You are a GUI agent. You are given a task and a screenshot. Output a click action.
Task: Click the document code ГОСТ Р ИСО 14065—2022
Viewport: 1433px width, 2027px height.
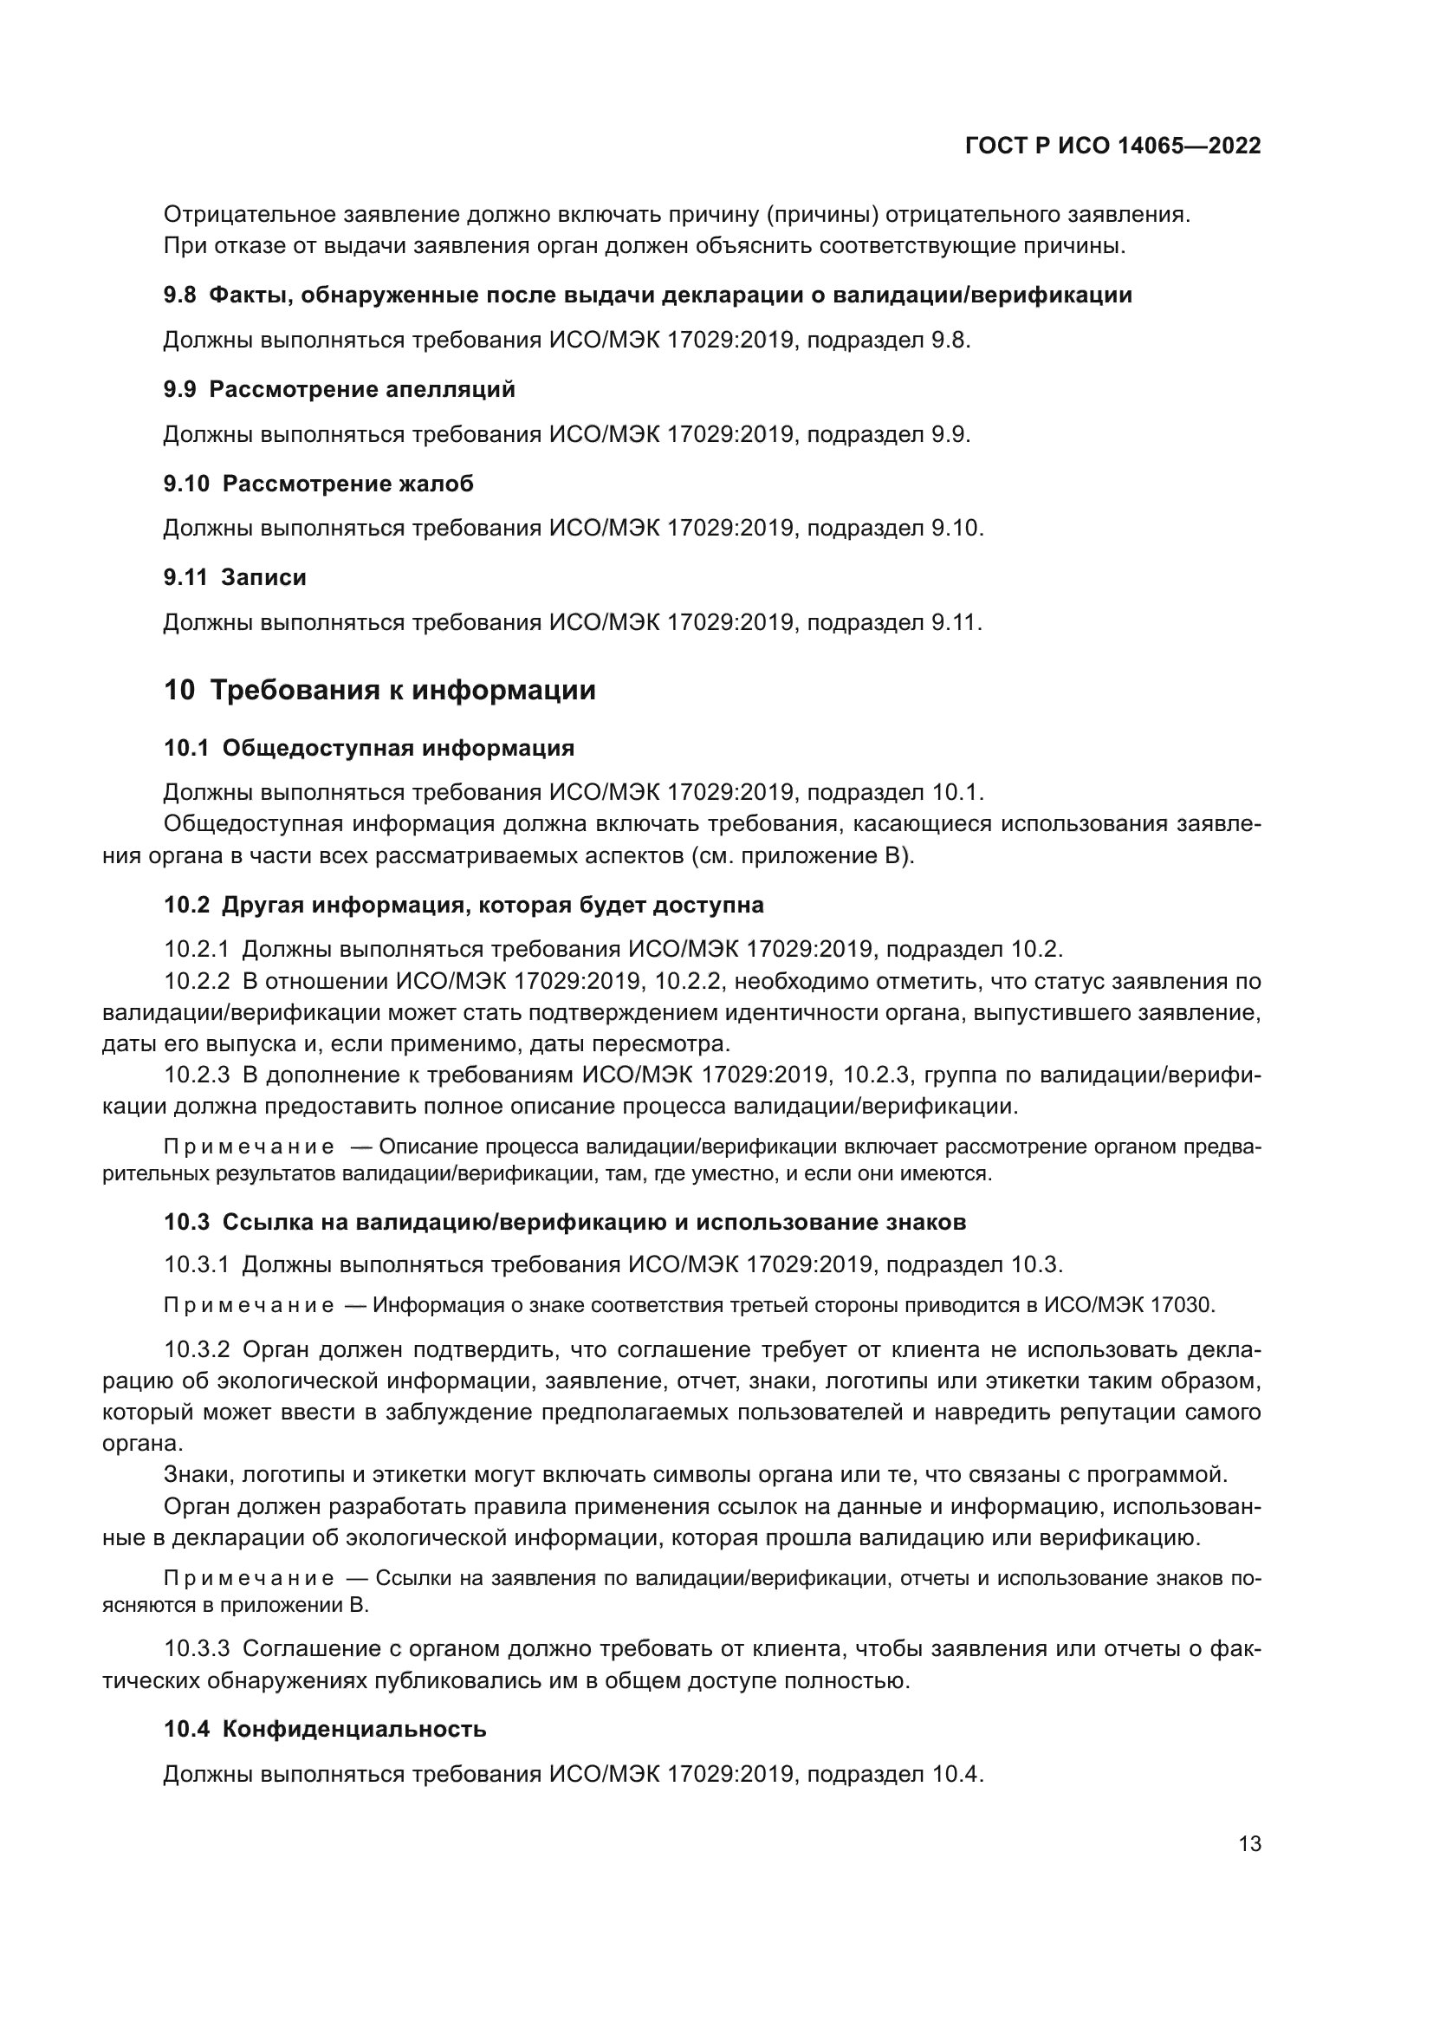(1113, 146)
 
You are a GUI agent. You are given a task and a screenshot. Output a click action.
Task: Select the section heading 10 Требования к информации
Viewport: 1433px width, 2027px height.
(379, 690)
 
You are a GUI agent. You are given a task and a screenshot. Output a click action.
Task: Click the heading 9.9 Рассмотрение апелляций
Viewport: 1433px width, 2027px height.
(339, 389)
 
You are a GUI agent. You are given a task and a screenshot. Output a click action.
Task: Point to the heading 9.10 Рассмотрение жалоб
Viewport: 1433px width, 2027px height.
(318, 484)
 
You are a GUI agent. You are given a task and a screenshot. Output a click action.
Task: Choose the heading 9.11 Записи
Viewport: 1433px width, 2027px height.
(235, 577)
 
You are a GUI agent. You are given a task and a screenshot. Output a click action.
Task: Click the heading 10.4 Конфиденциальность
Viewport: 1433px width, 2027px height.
(325, 1729)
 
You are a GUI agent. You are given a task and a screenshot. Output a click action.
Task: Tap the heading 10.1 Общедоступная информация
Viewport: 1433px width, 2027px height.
(369, 748)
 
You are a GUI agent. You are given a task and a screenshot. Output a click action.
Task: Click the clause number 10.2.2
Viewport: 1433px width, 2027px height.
(197, 982)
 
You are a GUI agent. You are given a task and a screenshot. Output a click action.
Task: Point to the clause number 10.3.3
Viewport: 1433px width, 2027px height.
(197, 1648)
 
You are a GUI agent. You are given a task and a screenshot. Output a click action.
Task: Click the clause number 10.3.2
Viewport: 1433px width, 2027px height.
(197, 1350)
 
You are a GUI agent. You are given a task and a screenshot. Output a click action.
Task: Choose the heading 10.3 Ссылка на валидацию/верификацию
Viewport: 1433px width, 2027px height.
(565, 1222)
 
